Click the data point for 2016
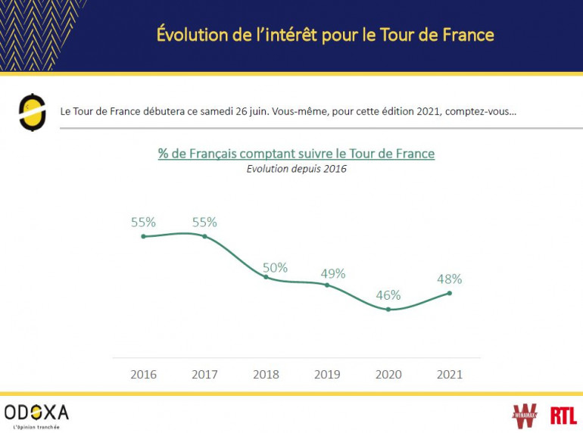pos(143,236)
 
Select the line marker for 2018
pos(266,277)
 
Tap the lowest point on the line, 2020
pos(388,309)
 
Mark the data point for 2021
pos(450,293)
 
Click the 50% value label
pos(275,267)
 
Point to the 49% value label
pos(333,273)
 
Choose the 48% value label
pos(450,279)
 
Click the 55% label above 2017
pos(204,223)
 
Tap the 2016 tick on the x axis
pos(143,374)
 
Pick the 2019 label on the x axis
pos(327,374)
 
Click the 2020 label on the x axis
pos(388,374)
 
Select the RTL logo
pos(563,415)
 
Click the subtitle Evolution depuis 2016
pos(296,169)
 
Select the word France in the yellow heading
pos(466,34)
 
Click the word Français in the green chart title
pos(216,154)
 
